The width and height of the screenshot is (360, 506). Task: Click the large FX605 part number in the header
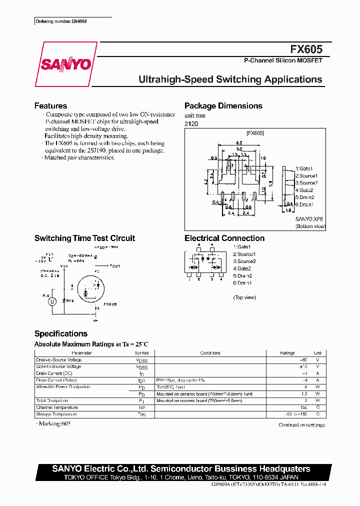click(306, 49)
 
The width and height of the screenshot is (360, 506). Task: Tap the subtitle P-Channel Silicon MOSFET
click(283, 60)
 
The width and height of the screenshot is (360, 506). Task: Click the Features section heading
click(50, 105)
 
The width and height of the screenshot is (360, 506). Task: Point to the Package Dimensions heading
click(223, 105)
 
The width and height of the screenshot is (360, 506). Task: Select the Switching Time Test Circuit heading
click(84, 238)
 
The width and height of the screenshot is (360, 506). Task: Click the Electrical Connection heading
click(224, 238)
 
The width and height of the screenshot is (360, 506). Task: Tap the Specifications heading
click(60, 333)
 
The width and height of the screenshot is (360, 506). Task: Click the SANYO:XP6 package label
click(309, 219)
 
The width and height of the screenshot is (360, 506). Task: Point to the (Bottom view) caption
click(310, 226)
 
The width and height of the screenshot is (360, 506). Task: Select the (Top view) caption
click(244, 297)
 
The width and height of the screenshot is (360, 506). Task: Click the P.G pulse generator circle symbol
click(51, 301)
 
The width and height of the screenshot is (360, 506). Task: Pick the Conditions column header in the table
click(210, 353)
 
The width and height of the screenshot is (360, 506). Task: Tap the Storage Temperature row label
click(56, 414)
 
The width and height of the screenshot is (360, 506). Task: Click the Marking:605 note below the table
click(53, 424)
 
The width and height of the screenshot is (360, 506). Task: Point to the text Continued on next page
click(301, 424)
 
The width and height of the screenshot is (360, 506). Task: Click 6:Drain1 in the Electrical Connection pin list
click(242, 283)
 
